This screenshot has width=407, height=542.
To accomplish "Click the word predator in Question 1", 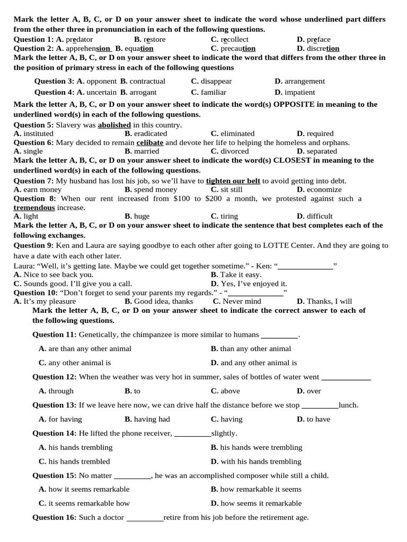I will pyautogui.click(x=79, y=39).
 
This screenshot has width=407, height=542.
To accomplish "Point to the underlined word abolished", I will pyautogui.click(x=114, y=125).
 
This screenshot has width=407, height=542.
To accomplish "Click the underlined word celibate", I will pyautogui.click(x=150, y=142).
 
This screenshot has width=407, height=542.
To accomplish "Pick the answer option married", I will pyautogui.click(x=146, y=151).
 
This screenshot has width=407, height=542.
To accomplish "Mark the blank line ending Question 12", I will pyautogui.click(x=346, y=377).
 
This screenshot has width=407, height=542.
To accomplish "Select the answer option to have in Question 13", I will pyautogui.click(x=318, y=419).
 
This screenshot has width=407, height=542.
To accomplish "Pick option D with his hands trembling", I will pyautogui.click(x=261, y=462).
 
